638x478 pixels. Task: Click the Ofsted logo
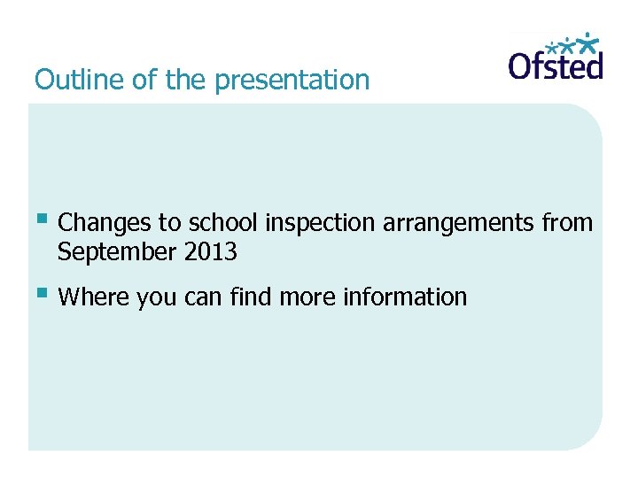[556, 58]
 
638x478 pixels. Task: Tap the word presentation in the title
[292, 81]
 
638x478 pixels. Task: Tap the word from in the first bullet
[567, 223]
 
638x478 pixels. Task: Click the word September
[118, 253]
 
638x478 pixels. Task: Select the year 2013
[211, 252]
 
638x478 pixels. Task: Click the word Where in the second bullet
[94, 297]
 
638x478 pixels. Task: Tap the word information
[403, 297]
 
